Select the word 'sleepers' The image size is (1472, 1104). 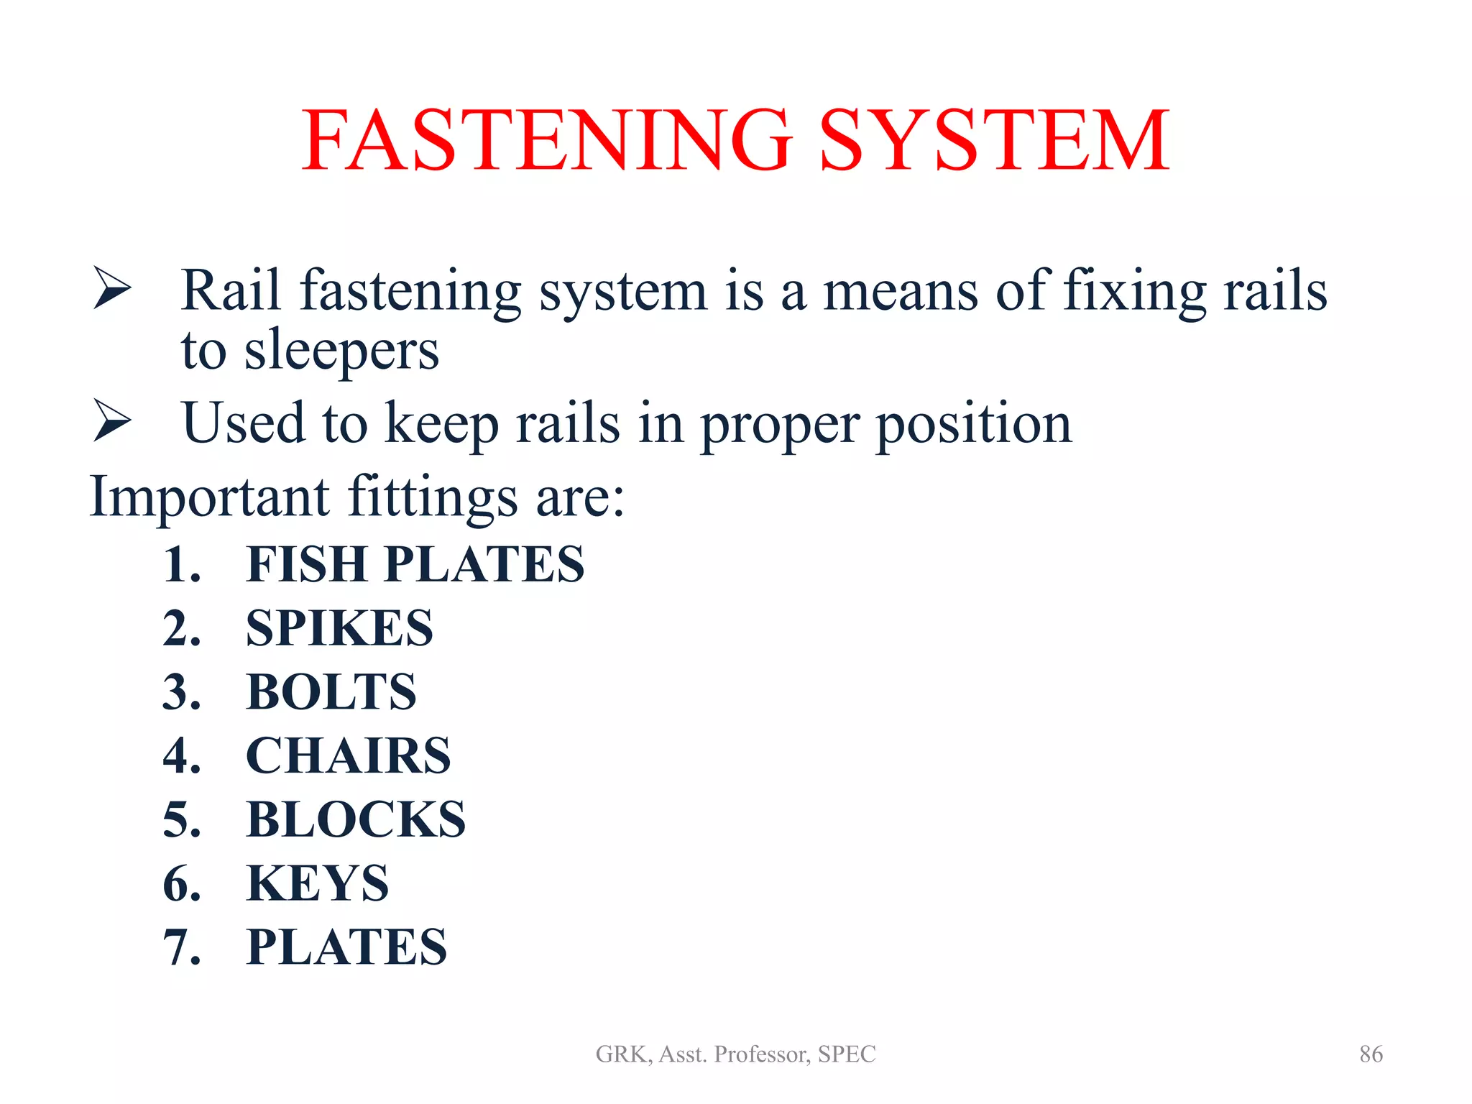[x=341, y=352]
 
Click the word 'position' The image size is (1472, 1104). [x=974, y=424]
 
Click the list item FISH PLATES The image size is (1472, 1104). [x=415, y=564]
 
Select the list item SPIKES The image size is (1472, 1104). [x=339, y=628]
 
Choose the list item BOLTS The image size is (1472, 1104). [x=331, y=692]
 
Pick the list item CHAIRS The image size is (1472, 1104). [x=348, y=756]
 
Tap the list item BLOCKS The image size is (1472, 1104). [x=356, y=820]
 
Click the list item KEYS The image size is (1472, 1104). [x=317, y=883]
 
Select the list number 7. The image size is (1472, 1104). [x=181, y=947]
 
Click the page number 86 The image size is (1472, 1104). [x=1371, y=1054]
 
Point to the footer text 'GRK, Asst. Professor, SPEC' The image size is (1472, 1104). [x=735, y=1054]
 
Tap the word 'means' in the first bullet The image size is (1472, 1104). [x=900, y=291]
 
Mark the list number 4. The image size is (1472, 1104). [x=181, y=756]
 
